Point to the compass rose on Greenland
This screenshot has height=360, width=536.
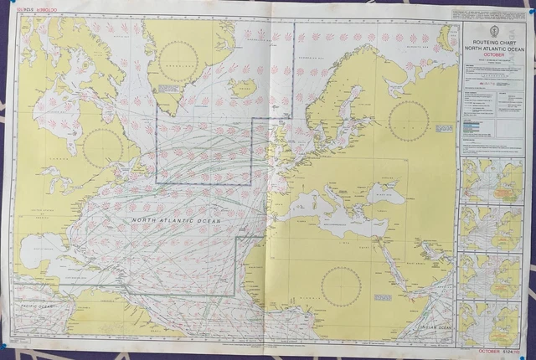click(178, 61)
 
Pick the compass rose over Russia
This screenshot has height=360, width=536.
click(409, 120)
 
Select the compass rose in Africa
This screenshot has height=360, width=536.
click(341, 285)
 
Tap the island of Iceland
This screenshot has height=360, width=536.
click(243, 86)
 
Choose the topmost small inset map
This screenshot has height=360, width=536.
click(492, 180)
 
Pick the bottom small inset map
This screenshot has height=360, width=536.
click(492, 322)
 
